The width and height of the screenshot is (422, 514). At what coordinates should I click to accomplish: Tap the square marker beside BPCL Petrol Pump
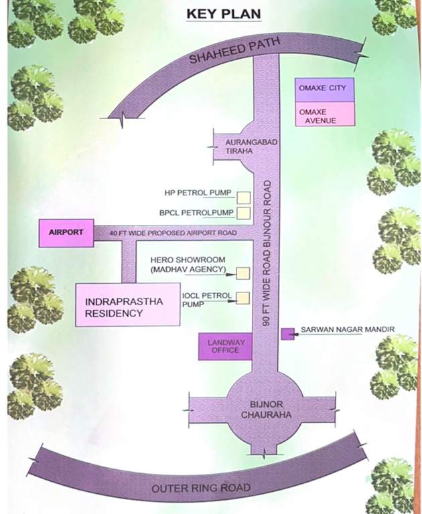click(244, 213)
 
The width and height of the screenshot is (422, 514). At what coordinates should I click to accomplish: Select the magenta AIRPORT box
click(66, 233)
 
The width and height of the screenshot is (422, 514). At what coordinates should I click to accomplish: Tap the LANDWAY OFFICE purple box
click(224, 346)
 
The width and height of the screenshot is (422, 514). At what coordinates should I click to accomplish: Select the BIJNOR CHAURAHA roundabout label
click(261, 410)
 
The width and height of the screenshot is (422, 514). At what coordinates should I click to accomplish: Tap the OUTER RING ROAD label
click(201, 488)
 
